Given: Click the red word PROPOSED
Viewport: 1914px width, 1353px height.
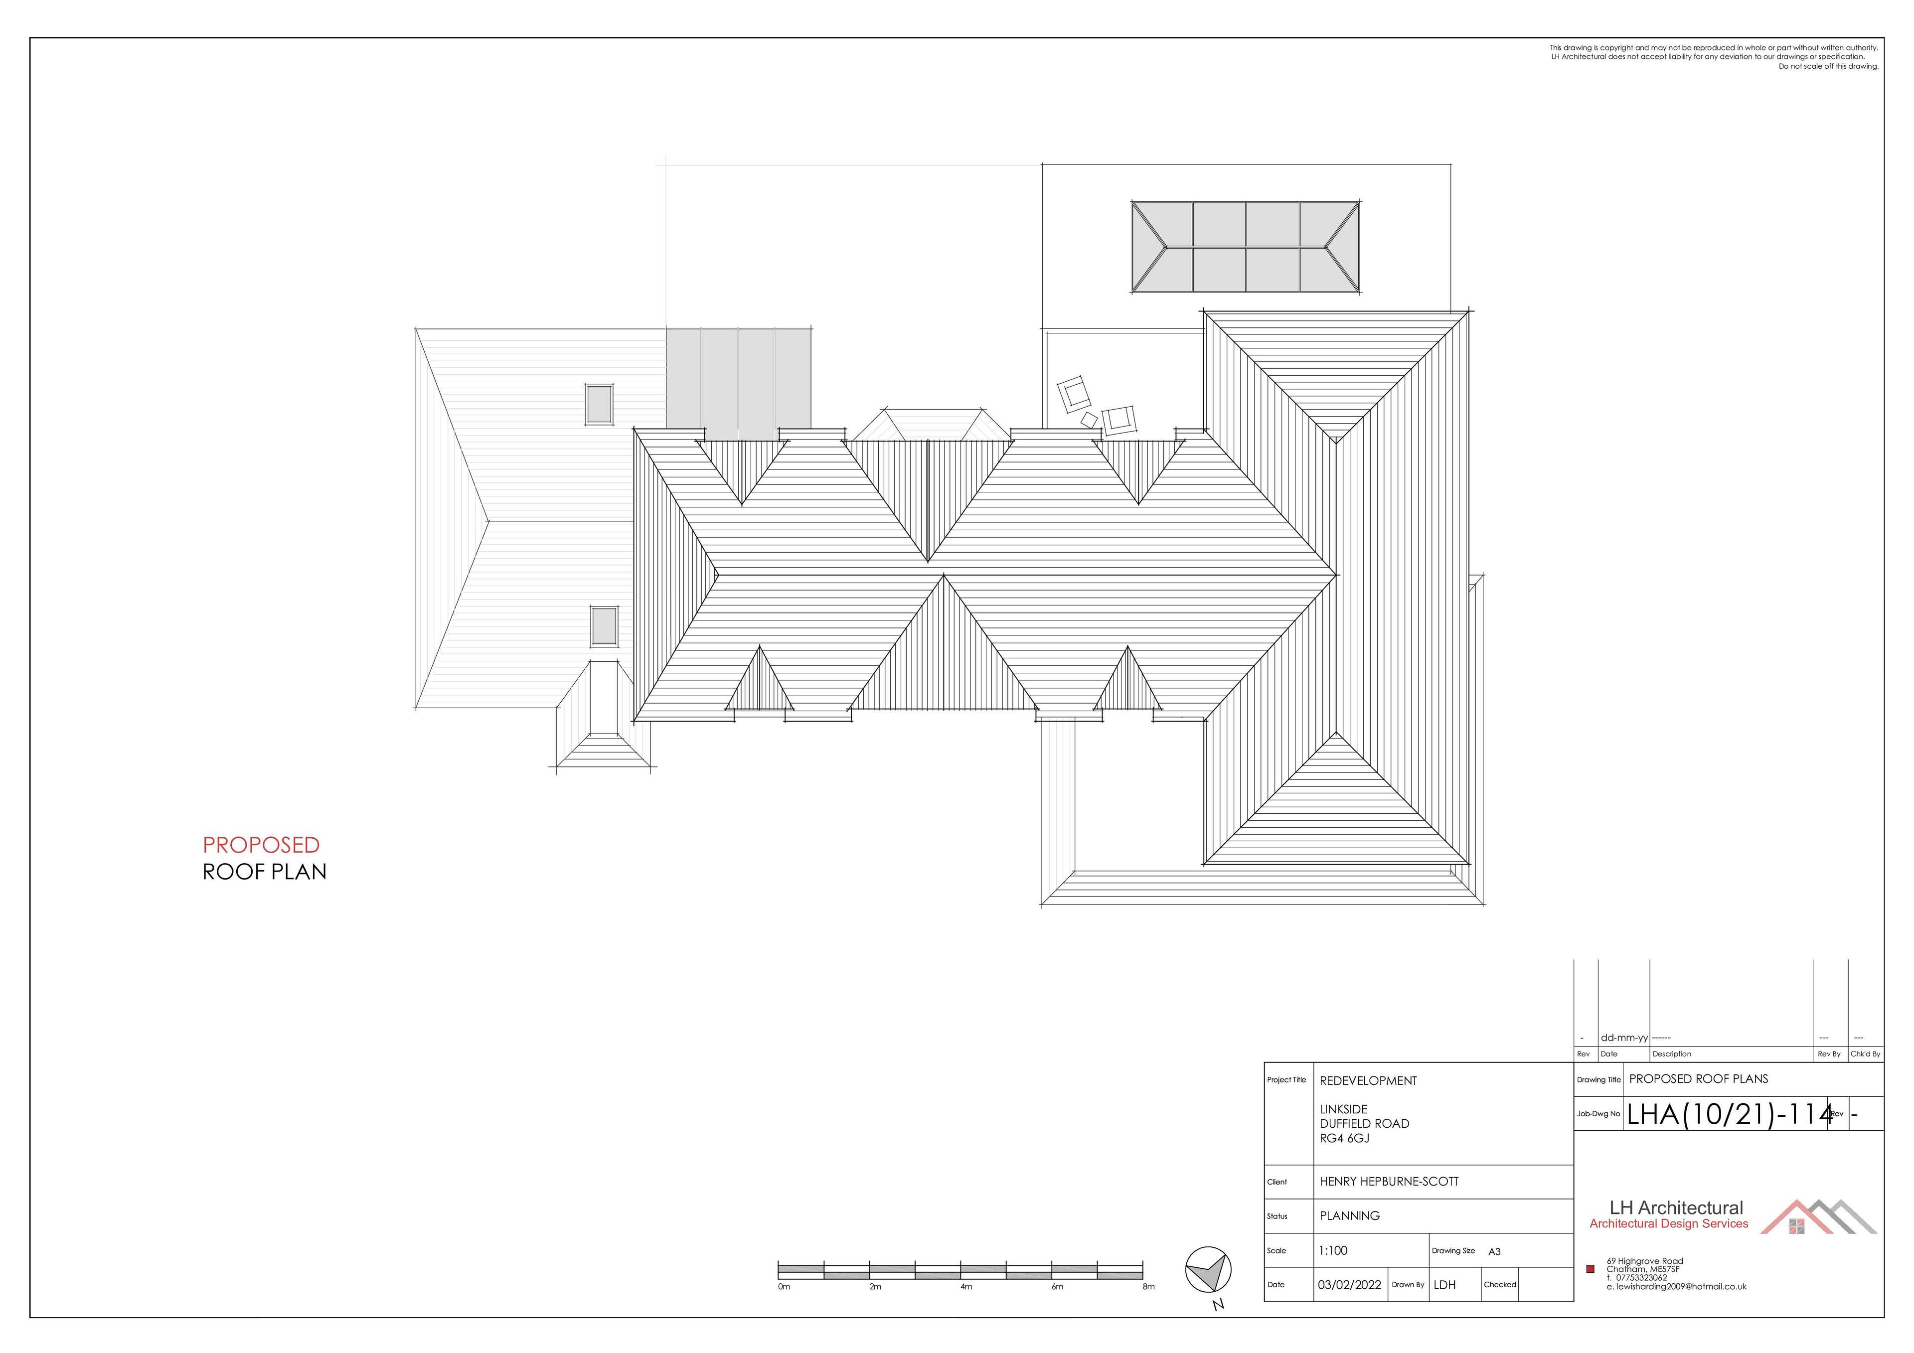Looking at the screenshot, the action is pyautogui.click(x=261, y=845).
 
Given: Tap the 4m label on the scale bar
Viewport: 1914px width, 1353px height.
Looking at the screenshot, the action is pyautogui.click(x=966, y=1286).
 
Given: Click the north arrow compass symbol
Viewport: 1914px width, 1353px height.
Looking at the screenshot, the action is pyautogui.click(x=1208, y=1271).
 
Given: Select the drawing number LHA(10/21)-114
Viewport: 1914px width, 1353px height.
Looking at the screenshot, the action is pyautogui.click(x=1730, y=1115).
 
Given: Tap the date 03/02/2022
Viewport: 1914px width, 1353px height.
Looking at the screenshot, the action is pyautogui.click(x=1349, y=1285).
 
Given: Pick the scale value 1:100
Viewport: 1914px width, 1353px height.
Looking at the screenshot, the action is pyautogui.click(x=1333, y=1250).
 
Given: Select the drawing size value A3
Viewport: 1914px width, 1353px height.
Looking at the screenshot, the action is pyautogui.click(x=1495, y=1251).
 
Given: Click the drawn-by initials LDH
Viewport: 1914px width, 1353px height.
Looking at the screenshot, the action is pyautogui.click(x=1444, y=1285).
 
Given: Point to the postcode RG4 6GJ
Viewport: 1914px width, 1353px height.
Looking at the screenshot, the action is pyautogui.click(x=1345, y=1138).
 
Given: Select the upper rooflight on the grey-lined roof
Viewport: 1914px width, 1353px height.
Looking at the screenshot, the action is pyautogui.click(x=599, y=404).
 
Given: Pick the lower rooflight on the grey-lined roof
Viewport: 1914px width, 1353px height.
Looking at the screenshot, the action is pyautogui.click(x=605, y=626).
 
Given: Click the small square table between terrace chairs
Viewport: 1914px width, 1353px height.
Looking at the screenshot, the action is pyautogui.click(x=1089, y=420).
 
